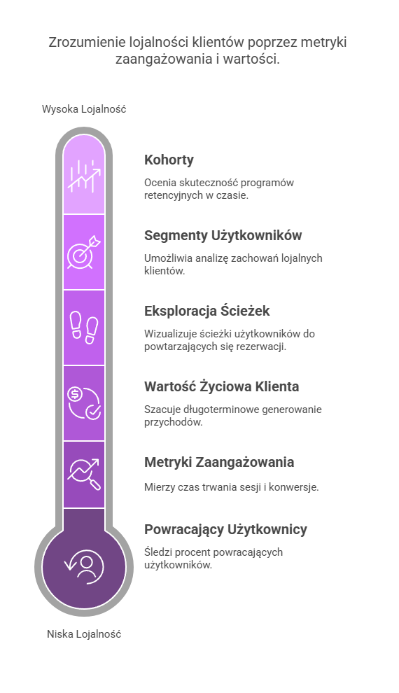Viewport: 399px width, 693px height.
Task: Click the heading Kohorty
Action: pos(169,160)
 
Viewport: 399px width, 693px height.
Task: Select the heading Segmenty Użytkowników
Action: pos(223,236)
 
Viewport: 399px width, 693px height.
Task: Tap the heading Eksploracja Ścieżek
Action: pos(206,311)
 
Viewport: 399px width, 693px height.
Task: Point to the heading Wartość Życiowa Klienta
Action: pos(221,386)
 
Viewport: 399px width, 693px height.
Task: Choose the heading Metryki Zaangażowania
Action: pos(219,462)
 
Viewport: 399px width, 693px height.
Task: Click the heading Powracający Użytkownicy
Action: pos(225,529)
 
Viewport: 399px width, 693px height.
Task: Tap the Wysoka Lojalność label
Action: pos(84,109)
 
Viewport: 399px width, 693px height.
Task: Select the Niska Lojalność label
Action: pos(84,634)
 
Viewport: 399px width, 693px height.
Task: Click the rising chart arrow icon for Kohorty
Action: pos(84,176)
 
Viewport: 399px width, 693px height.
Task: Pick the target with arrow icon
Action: pos(84,253)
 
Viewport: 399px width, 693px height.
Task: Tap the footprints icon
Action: pos(84,328)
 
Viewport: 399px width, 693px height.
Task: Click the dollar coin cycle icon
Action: pos(84,403)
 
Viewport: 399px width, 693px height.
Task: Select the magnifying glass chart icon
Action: pos(84,475)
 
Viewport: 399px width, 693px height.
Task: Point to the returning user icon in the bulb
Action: pos(84,566)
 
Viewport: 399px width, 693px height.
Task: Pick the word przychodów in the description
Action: pos(173,422)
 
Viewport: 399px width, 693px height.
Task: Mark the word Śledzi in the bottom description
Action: pos(155,552)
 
